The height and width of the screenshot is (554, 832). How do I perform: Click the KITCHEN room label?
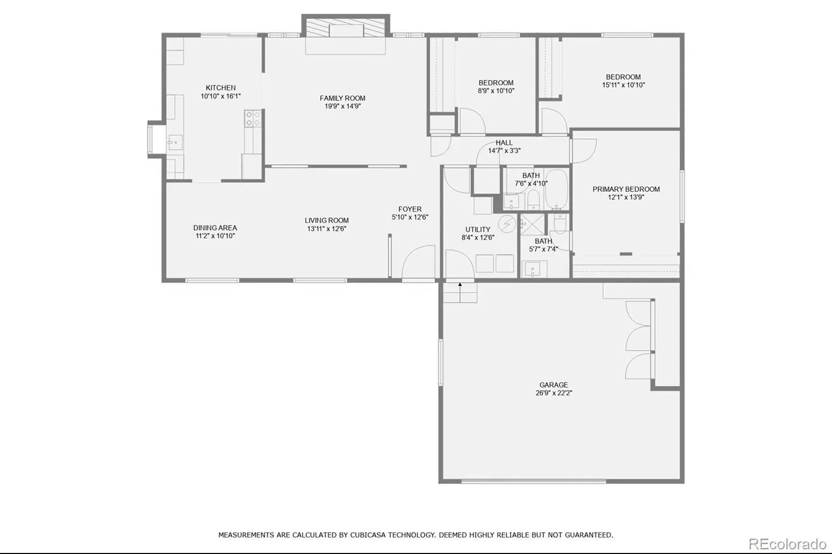220,88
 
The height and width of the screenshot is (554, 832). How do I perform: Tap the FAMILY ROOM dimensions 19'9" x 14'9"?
343,106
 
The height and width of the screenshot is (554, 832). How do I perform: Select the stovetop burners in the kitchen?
253,118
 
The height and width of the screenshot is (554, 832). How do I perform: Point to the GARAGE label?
553,385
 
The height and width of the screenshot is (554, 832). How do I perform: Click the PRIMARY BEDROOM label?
626,189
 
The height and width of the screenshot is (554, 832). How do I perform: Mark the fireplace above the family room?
345,27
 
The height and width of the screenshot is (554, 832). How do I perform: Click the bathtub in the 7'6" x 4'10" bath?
557,190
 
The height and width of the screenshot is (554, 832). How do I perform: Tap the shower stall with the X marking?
532,225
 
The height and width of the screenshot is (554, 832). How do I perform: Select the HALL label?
504,142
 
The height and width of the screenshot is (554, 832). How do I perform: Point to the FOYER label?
410,209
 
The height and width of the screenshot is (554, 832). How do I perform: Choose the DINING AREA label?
215,228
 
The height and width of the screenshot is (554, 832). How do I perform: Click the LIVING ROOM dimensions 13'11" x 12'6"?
327,229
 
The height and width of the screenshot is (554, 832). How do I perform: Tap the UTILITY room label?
478,230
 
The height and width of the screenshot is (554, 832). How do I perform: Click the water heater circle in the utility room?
506,224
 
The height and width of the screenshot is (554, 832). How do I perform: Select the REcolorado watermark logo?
787,544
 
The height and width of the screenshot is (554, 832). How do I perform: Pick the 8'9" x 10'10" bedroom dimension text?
496,91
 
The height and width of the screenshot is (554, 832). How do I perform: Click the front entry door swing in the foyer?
419,261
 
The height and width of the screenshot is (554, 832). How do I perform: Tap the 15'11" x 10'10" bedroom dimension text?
623,85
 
